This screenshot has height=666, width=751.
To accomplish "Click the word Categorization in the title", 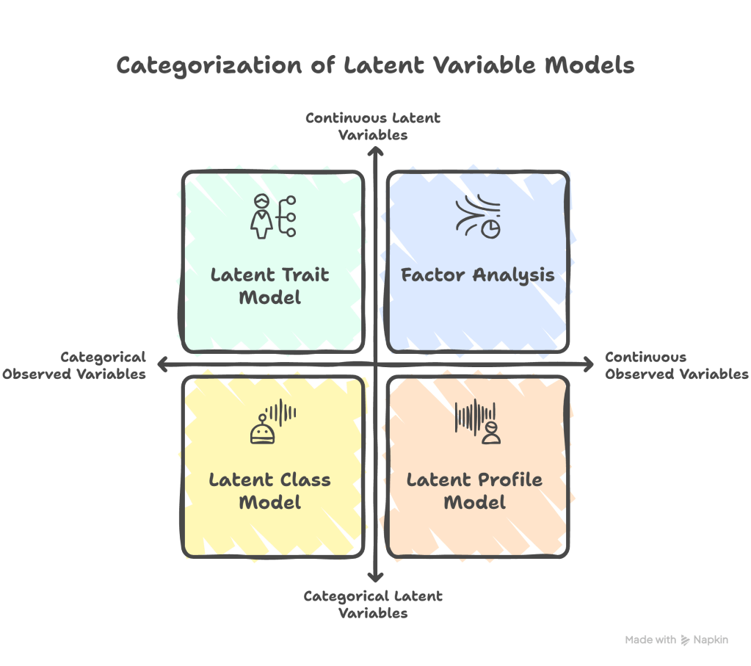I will pyautogui.click(x=208, y=66).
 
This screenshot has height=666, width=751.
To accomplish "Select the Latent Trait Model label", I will pyautogui.click(x=270, y=286).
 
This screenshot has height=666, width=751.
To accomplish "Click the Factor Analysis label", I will pyautogui.click(x=477, y=276).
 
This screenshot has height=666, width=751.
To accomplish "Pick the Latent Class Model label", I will pyautogui.click(x=270, y=491).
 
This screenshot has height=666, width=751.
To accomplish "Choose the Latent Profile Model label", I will pyautogui.click(x=475, y=491).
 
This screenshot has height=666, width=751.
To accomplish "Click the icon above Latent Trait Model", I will pyautogui.click(x=273, y=217).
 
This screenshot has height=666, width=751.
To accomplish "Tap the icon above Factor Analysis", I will pyautogui.click(x=478, y=217).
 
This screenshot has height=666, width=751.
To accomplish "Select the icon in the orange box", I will pyautogui.click(x=478, y=421).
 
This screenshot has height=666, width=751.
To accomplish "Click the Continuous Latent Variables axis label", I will pyautogui.click(x=373, y=126).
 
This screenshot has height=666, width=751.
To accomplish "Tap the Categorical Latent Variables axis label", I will pyautogui.click(x=373, y=604).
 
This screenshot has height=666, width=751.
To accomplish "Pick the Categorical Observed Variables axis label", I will pyautogui.click(x=74, y=365).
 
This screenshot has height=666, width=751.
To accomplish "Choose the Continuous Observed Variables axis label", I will pyautogui.click(x=675, y=365).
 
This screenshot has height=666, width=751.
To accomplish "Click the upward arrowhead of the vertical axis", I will pyautogui.click(x=375, y=151).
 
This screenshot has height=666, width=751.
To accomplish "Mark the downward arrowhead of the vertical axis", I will pyautogui.click(x=375, y=578).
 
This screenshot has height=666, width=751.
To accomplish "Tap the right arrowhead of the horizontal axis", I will pyautogui.click(x=588, y=363).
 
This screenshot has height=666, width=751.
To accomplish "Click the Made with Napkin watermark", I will pyautogui.click(x=676, y=640).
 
